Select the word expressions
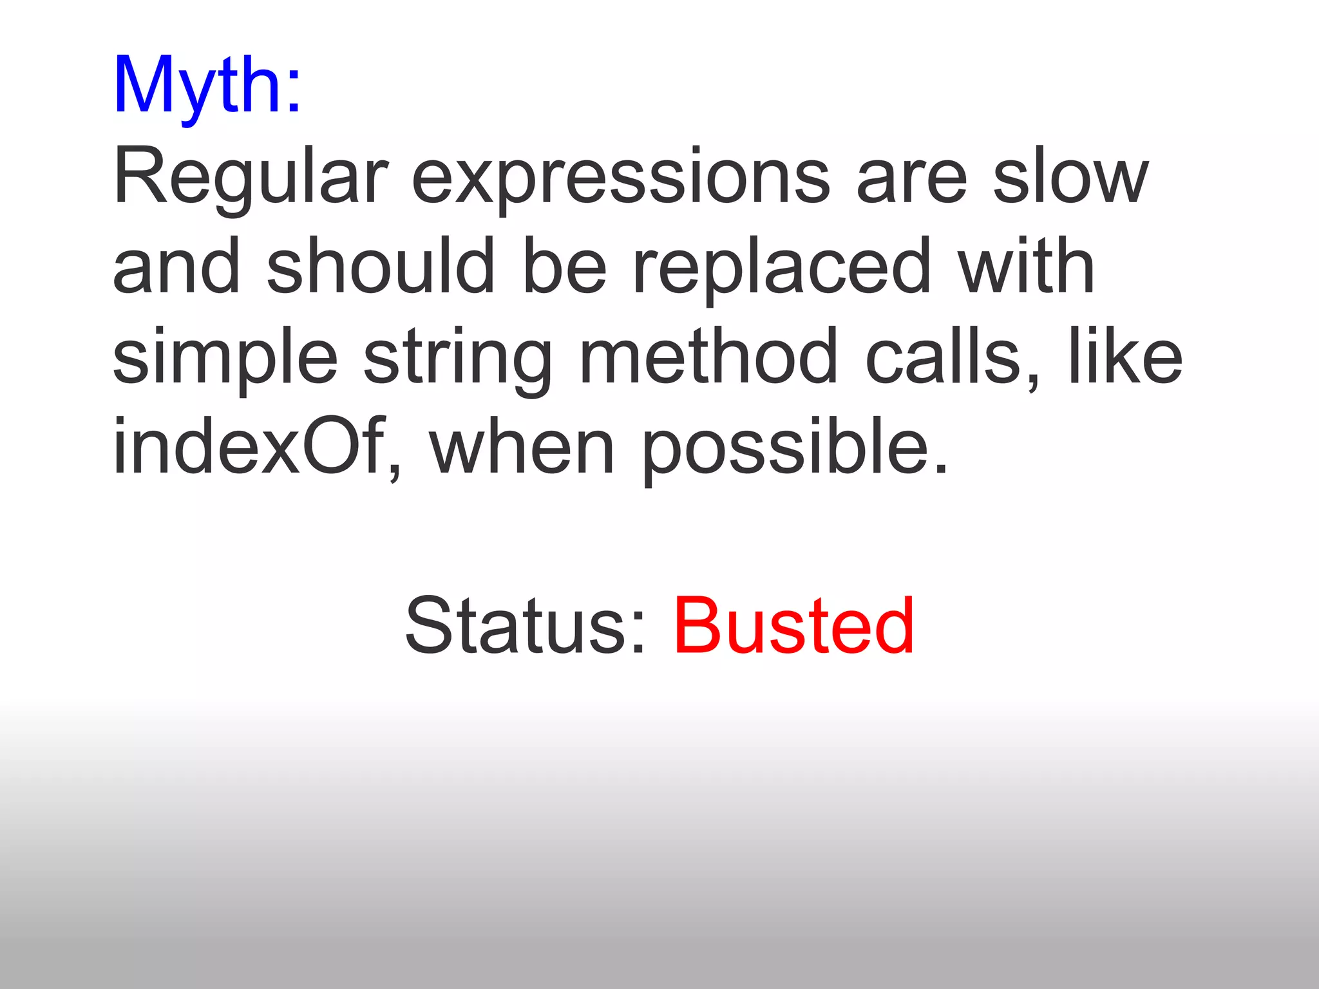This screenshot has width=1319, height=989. click(x=620, y=177)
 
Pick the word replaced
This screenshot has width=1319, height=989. click(x=781, y=267)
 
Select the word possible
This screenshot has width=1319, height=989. click(x=795, y=447)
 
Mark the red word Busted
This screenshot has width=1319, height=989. click(x=793, y=626)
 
